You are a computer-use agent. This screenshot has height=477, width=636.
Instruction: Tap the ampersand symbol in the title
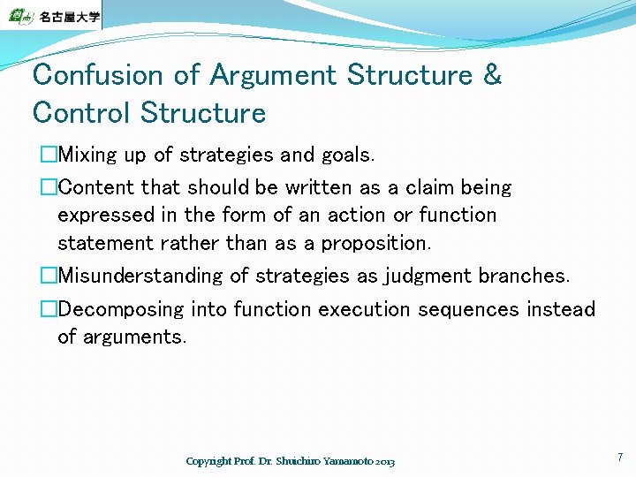coord(492,75)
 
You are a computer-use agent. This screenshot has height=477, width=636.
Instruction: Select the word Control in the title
coord(81,113)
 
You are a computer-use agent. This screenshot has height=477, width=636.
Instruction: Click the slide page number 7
coord(619,458)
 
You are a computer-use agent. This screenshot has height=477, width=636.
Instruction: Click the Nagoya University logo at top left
coord(51,15)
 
